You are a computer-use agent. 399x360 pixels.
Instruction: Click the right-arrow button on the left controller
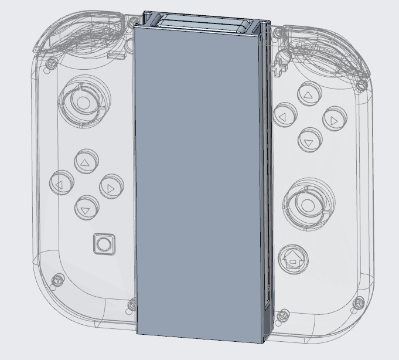pyautogui.click(x=111, y=188)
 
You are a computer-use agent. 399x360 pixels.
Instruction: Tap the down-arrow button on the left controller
pyautogui.click(x=86, y=208)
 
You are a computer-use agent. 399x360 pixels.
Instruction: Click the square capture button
pyautogui.click(x=104, y=244)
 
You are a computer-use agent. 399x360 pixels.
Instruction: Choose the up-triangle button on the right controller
pyautogui.click(x=308, y=94)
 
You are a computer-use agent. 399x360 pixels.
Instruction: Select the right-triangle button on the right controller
pyautogui.click(x=334, y=120)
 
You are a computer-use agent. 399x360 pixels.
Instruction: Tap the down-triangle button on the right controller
pyautogui.click(x=308, y=141)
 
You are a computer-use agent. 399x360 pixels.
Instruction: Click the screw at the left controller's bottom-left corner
pyautogui.click(x=57, y=280)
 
